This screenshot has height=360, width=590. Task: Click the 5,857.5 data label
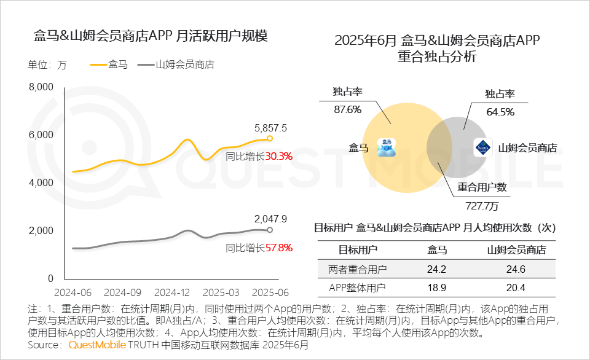(x=270, y=128)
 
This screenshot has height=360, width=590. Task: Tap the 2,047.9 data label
(x=270, y=219)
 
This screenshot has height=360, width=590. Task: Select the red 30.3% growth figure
(x=278, y=156)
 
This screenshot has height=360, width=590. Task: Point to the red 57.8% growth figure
(x=278, y=248)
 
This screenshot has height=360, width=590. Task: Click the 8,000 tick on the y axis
(x=42, y=87)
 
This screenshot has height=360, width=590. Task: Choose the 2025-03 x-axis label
(x=218, y=292)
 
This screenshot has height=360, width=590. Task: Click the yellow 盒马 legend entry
(x=109, y=65)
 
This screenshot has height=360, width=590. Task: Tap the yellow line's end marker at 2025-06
(x=269, y=138)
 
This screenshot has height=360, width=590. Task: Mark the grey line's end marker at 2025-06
(x=269, y=230)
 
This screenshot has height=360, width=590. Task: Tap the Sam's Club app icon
(x=482, y=148)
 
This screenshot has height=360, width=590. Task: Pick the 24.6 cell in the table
(x=516, y=268)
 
